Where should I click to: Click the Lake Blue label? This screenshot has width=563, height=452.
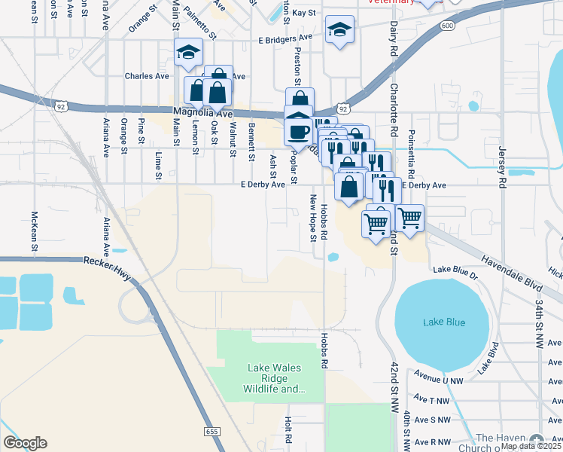(444, 322)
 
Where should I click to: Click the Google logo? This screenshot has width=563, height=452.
(25, 443)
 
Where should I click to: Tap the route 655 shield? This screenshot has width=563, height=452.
(212, 431)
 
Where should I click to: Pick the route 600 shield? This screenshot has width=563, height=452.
(448, 26)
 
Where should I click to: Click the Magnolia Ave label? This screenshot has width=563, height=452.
(200, 112)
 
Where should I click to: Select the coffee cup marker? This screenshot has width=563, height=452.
(300, 131)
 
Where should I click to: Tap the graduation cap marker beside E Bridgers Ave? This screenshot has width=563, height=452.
(339, 30)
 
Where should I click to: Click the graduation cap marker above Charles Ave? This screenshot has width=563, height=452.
(187, 53)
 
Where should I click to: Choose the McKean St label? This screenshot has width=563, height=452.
(35, 224)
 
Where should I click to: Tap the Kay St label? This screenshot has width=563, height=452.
(304, 13)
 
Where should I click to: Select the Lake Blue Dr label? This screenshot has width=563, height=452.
(455, 269)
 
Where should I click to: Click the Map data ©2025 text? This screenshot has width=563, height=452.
(530, 446)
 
